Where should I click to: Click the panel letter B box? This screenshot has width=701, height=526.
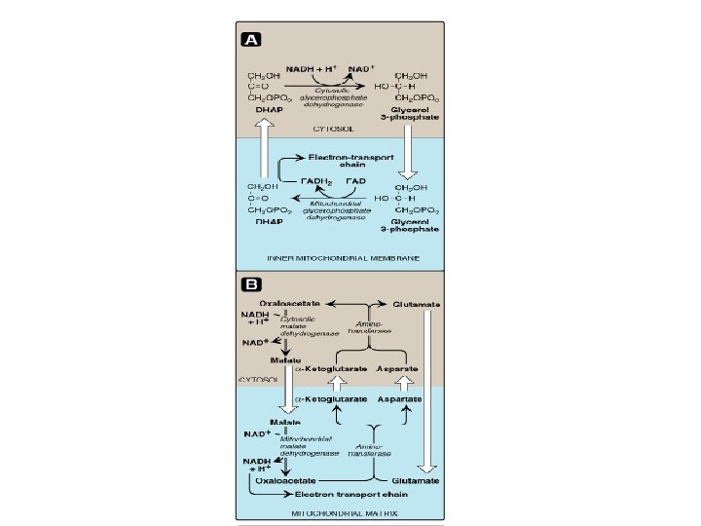[251, 285]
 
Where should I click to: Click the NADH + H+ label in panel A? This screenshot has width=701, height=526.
[312, 68]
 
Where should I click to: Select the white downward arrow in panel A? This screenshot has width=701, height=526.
[410, 151]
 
